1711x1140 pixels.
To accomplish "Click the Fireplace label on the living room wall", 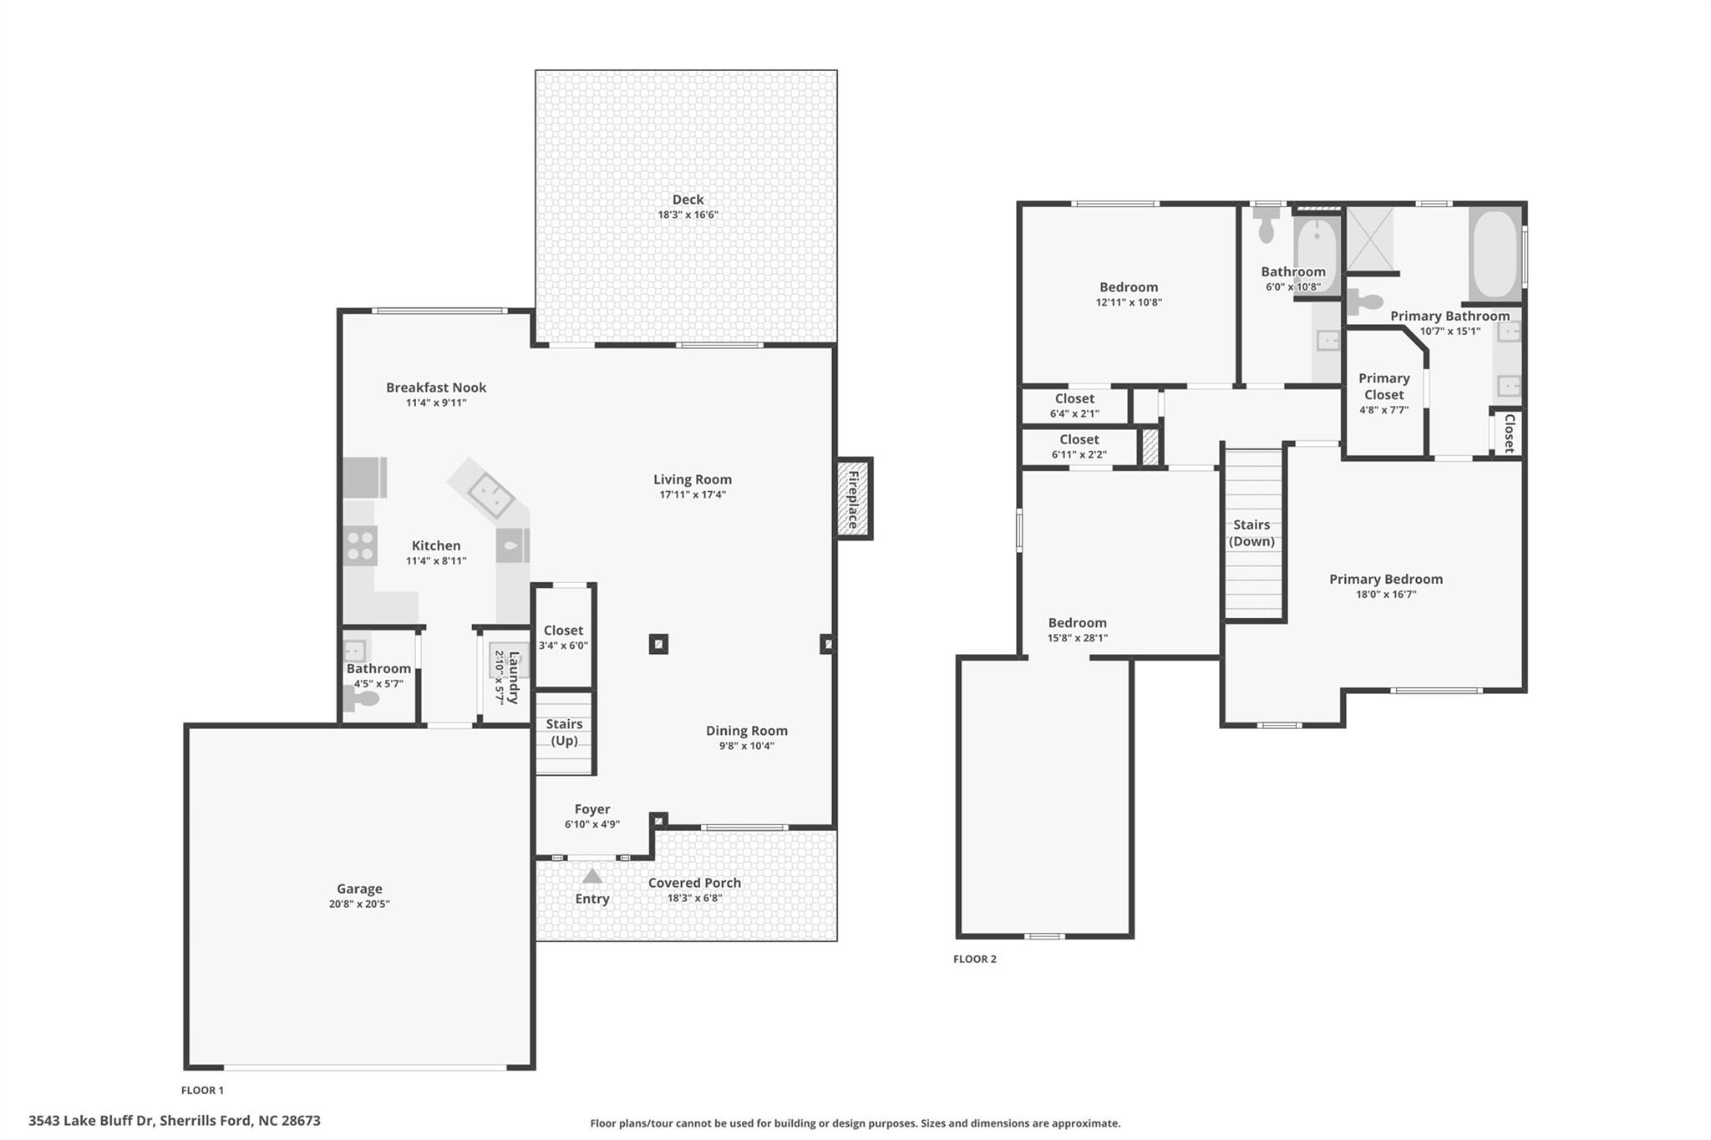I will (x=853, y=499).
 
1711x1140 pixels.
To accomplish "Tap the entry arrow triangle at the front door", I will (x=592, y=876).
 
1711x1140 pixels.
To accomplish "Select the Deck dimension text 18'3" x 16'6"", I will (x=688, y=215).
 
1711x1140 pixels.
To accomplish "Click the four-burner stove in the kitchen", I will (x=360, y=545).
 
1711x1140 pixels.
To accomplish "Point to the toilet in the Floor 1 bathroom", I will (x=362, y=698).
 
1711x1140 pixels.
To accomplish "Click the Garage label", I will (x=359, y=889).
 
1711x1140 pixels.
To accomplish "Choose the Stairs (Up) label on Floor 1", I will (x=564, y=732).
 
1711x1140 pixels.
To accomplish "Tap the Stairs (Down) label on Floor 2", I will (x=1252, y=533).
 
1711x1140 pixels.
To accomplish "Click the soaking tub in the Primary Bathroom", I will (x=1495, y=254).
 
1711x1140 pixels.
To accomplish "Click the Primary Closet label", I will (x=1384, y=386).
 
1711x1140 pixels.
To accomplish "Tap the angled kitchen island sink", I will (x=490, y=496).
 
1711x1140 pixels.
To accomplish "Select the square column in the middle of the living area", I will (x=658, y=644).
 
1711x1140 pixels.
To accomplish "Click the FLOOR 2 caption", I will (x=974, y=959).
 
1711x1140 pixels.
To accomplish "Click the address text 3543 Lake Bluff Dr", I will (x=174, y=1121).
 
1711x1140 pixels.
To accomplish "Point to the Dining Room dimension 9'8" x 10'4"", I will (x=746, y=746).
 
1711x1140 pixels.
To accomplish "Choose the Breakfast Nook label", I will (x=435, y=388).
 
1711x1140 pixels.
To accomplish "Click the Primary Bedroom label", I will (x=1385, y=579).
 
